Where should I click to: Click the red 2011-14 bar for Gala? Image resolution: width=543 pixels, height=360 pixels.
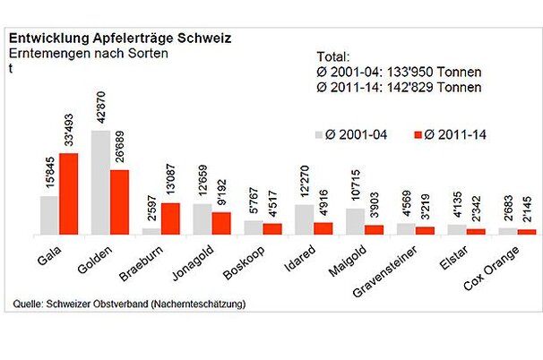[68, 193]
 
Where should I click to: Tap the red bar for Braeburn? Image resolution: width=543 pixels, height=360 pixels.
[170, 219]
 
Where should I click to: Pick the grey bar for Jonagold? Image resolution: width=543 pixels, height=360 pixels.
[203, 219]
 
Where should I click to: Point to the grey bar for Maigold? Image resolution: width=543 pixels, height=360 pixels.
[355, 221]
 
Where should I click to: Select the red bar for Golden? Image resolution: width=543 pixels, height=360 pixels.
[119, 201]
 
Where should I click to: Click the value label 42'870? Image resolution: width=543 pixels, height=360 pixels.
[101, 107]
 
